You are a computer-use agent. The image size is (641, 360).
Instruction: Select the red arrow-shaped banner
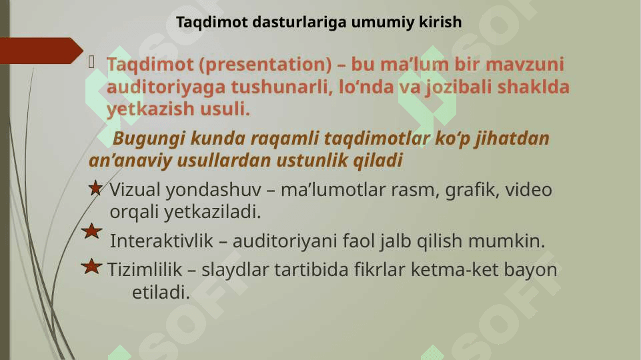[41, 51]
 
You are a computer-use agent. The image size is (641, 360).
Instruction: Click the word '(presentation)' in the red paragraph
[265, 65]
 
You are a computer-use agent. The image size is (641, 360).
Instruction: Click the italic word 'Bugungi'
[149, 139]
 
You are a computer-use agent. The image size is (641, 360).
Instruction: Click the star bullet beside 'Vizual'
[95, 188]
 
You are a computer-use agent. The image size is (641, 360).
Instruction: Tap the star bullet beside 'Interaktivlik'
[91, 231]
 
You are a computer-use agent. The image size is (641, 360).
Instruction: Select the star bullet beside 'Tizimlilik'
[91, 267]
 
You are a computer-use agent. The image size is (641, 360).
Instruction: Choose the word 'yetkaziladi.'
[213, 212]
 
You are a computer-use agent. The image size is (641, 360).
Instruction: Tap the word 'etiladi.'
[161, 292]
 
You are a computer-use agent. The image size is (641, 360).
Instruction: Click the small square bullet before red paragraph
[91, 62]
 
